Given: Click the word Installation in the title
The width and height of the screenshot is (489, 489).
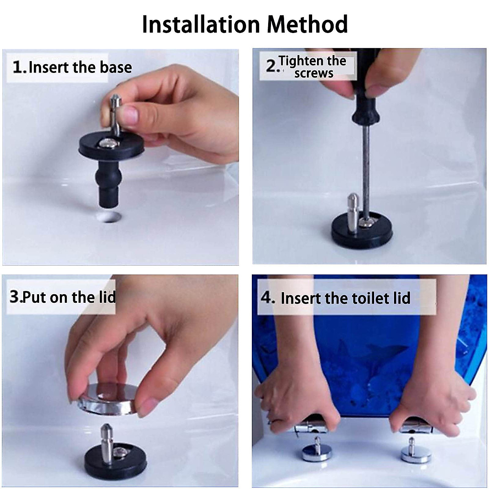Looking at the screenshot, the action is coord(201,24).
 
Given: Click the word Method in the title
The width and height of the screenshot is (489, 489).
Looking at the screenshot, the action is coord(307,24).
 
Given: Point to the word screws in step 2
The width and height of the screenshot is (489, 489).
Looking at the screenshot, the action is coord(314,73).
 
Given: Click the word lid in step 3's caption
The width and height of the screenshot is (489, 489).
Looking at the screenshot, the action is coord(107,297).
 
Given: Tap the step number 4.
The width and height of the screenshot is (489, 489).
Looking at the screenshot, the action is coord(267,297).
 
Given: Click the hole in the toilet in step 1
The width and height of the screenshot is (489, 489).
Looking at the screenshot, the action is coord(109,217).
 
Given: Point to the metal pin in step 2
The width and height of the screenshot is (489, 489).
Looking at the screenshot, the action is coord(353,213).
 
